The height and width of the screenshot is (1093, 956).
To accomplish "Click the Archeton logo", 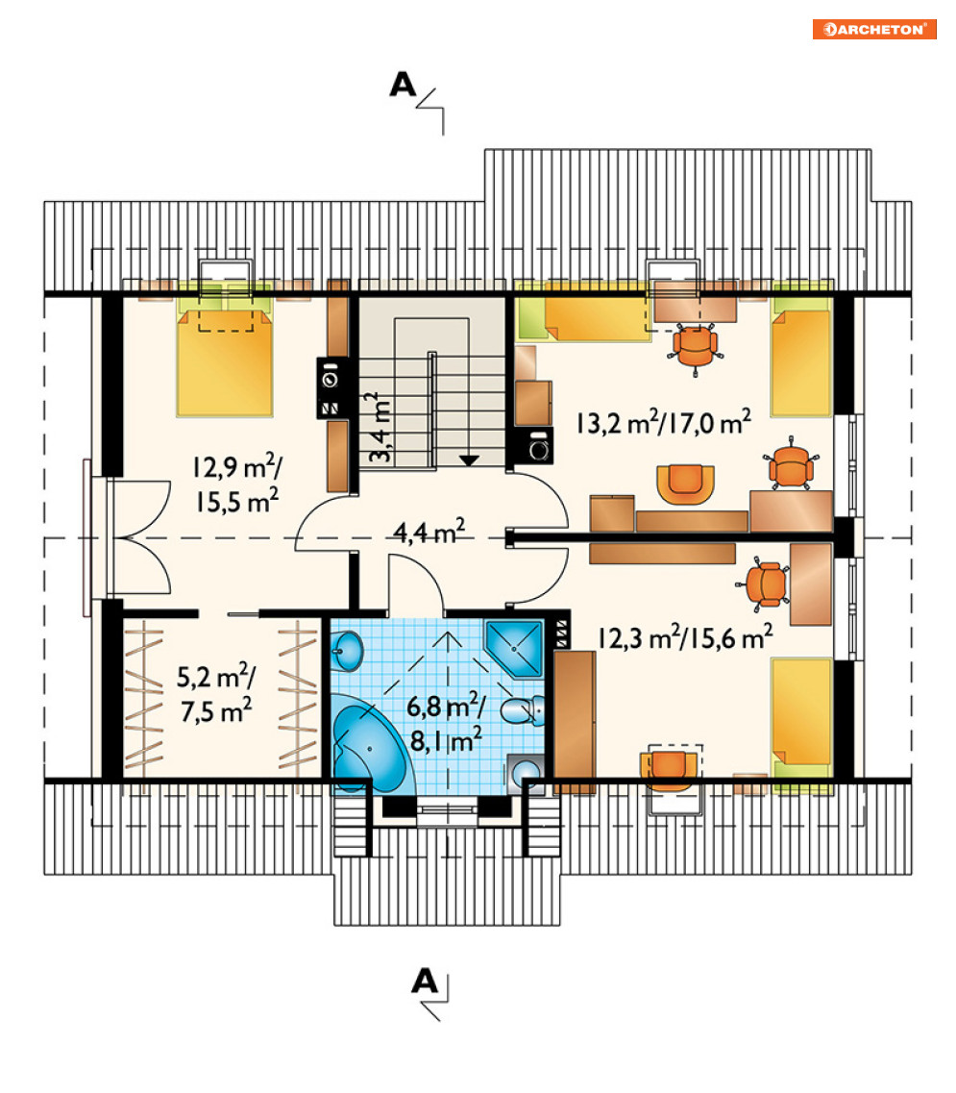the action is [873, 29].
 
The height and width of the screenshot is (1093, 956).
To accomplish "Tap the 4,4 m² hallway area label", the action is [429, 532].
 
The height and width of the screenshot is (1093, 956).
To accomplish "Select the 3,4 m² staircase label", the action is [380, 428].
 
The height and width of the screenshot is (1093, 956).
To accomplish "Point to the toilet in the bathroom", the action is [523, 709].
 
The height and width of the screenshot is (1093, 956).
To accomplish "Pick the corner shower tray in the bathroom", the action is [515, 648].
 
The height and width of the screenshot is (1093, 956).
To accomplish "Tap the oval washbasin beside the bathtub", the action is [346, 649].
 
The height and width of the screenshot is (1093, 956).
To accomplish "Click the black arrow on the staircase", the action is [469, 460].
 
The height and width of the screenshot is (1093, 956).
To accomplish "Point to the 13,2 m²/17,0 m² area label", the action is [664, 422].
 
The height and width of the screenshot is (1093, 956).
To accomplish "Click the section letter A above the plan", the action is [403, 85].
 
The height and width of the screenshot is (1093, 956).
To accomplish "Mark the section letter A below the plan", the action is [425, 981].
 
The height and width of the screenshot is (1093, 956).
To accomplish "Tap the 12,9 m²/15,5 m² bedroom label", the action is [237, 484].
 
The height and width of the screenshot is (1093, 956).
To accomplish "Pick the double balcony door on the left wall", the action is [139, 537].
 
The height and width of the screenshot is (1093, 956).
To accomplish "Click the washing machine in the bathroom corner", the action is [526, 774].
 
